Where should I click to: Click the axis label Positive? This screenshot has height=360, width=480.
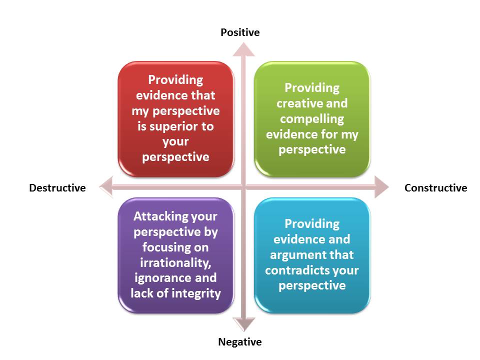[x=240, y=32]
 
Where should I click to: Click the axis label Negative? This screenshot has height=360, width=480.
[x=239, y=342]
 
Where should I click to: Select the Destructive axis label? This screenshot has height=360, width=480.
[x=57, y=188]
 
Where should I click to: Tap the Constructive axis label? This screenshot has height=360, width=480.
[x=435, y=188]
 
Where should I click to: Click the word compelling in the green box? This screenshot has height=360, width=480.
[x=311, y=119]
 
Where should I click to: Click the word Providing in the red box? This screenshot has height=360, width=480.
[x=175, y=80]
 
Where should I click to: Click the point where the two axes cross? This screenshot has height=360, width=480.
[x=243, y=187]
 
